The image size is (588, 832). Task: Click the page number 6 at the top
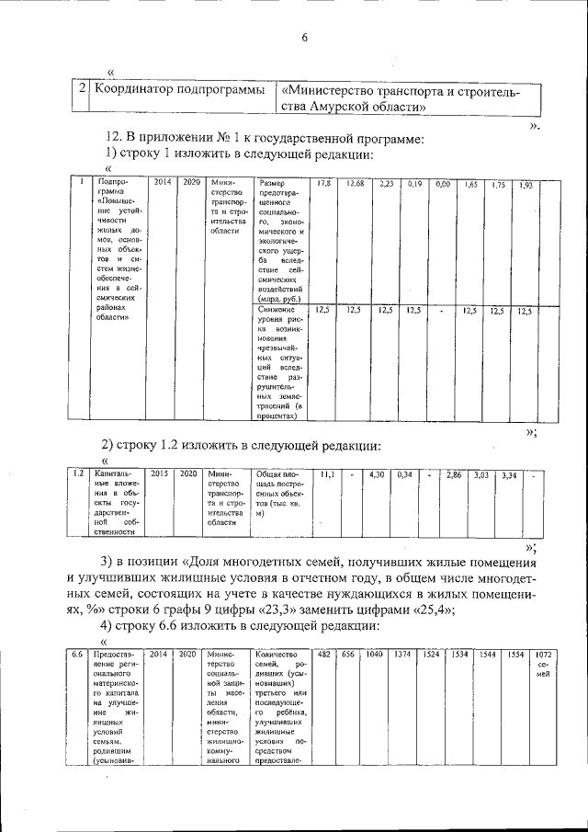(x=304, y=38)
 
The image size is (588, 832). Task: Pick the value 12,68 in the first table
(x=355, y=185)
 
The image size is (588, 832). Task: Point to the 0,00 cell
(x=442, y=185)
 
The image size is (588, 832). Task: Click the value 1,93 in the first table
(x=526, y=186)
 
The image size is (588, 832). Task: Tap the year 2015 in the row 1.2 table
(x=158, y=473)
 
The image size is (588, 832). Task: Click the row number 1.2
(x=79, y=473)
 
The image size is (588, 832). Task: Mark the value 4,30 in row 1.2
(x=375, y=474)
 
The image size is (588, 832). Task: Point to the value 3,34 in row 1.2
(x=509, y=475)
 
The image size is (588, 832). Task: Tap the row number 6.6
(x=78, y=654)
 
